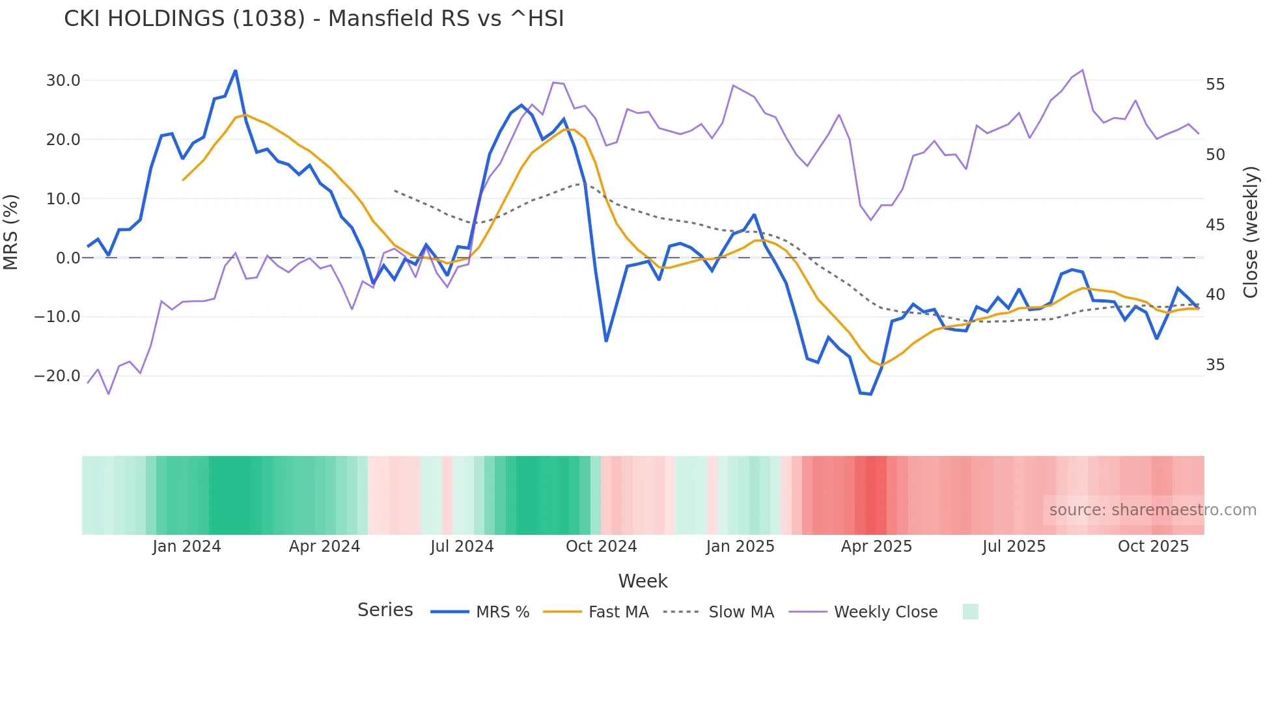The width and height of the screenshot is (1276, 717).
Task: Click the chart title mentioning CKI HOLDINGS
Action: tap(314, 19)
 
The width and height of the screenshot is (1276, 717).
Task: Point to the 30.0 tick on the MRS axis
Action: tap(63, 81)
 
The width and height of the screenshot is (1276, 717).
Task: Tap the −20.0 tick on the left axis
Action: tap(57, 376)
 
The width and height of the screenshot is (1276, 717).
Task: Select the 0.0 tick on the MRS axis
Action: tap(68, 258)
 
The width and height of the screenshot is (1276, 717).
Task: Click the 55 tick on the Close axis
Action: tap(1215, 85)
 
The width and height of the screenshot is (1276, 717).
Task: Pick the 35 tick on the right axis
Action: tap(1215, 365)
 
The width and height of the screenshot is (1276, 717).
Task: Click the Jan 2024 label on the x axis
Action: tap(187, 547)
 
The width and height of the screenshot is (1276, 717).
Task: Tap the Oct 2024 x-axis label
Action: tap(601, 547)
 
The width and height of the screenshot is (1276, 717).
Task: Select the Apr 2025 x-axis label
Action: tap(876, 547)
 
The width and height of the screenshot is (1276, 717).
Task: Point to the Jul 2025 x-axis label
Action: tap(1014, 547)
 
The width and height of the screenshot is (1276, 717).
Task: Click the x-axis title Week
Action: tap(643, 581)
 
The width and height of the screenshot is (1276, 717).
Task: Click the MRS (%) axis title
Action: tap(11, 232)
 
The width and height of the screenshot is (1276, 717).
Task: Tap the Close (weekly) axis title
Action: tap(1251, 232)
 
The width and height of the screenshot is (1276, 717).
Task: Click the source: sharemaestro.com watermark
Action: tap(1152, 510)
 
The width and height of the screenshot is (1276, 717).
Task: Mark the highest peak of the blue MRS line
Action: tap(235, 71)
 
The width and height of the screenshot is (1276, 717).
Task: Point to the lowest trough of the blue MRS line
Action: tap(870, 394)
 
